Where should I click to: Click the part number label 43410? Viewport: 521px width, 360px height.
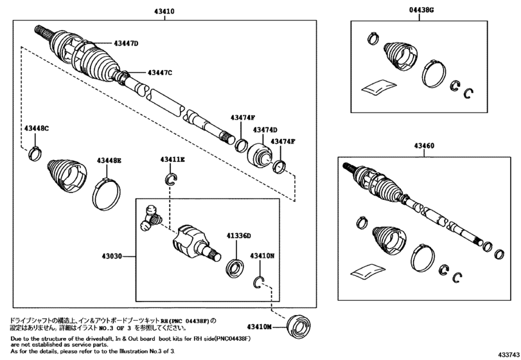pos(164,12)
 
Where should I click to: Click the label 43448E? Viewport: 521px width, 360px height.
pos(109,160)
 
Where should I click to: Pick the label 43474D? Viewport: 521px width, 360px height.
pos(265,129)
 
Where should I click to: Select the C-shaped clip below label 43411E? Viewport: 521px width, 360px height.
pos(171,178)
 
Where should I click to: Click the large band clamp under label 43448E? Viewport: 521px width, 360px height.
pos(106,192)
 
